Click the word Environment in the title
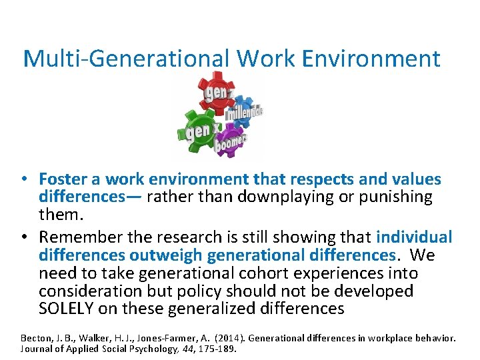click(x=371, y=59)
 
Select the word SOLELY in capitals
click(x=67, y=309)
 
